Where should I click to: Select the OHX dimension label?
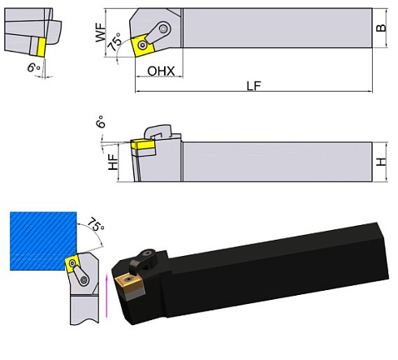click(160, 72)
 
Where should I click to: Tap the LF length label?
click(254, 85)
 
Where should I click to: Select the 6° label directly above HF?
click(100, 122)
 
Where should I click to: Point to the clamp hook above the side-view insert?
click(159, 129)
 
